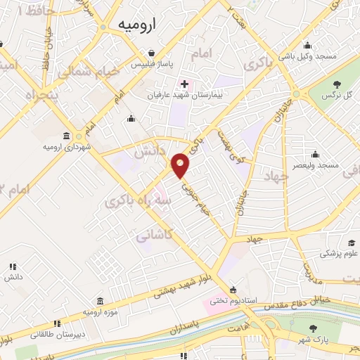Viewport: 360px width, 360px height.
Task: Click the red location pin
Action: tap(181, 165)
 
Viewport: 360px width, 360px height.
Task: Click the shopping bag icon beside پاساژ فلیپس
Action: tap(150, 52)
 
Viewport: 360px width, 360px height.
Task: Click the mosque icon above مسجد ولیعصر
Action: tap(317, 153)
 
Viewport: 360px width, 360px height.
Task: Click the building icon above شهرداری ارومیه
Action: tap(67, 136)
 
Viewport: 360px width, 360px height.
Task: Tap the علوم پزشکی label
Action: tap(342, 254)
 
